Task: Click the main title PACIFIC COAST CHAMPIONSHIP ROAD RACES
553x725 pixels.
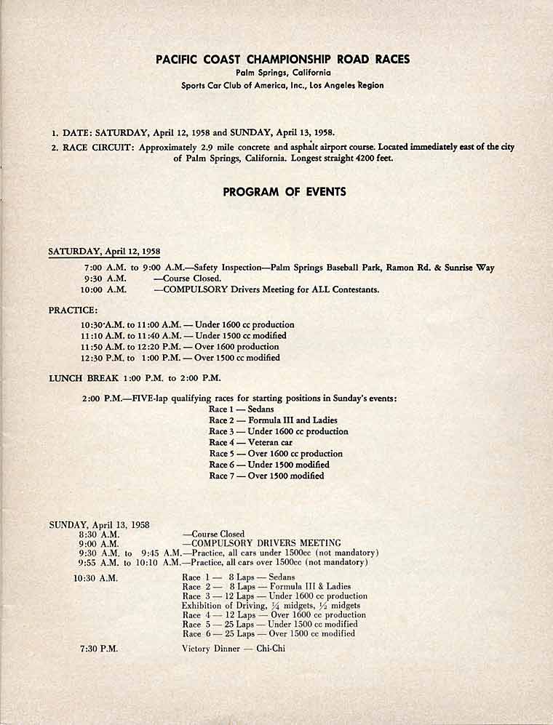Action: click(283, 59)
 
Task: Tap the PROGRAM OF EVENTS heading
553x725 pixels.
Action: click(285, 192)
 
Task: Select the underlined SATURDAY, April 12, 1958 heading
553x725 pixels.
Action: click(104, 252)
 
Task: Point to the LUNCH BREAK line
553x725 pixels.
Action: click(135, 377)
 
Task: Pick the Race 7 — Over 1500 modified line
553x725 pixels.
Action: click(266, 476)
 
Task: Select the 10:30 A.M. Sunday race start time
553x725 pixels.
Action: click(95, 578)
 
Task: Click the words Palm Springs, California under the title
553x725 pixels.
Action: click(283, 73)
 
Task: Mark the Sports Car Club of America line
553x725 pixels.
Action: click(282, 85)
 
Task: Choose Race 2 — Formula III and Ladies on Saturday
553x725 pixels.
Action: click(273, 420)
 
